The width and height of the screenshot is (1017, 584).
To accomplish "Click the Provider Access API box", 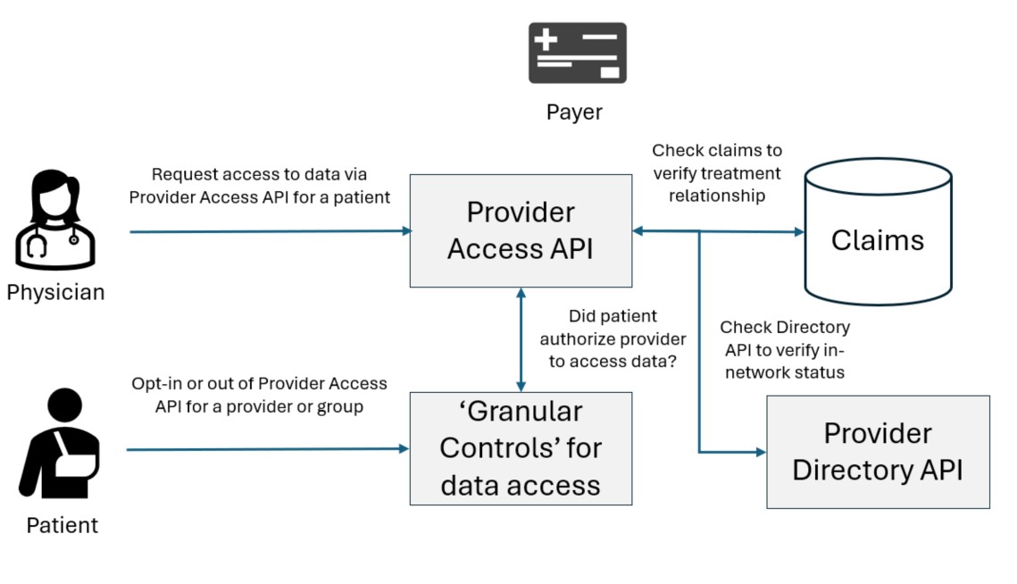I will tap(521, 230).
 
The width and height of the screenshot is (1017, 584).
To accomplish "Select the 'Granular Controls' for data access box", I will tap(521, 448).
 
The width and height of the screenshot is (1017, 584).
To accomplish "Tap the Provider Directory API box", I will tap(878, 452).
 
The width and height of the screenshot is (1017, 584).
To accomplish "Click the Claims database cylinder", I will tap(878, 234).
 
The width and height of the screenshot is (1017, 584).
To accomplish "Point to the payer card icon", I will tap(577, 53).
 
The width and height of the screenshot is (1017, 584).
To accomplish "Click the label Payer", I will tap(574, 113).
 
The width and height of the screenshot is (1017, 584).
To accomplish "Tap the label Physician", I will tap(55, 292).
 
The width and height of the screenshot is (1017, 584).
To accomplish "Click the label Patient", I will tap(62, 525).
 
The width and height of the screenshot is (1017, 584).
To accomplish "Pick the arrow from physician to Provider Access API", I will tap(268, 231).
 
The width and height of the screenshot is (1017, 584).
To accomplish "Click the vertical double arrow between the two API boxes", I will tap(521, 339).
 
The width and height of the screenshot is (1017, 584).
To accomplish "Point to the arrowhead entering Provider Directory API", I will tap(760, 453).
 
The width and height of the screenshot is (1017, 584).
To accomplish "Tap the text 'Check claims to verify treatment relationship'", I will tap(716, 173).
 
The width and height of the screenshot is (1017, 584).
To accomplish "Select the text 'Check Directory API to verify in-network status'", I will tap(784, 350).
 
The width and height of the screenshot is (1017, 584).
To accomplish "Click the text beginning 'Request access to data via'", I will tap(259, 186).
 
